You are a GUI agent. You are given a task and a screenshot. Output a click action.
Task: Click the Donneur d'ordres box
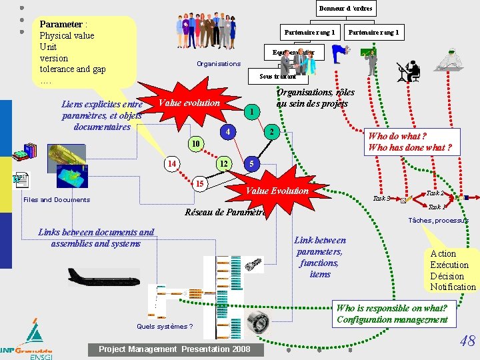click(x=345, y=9)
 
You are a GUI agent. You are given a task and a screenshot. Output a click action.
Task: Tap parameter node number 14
click(x=172, y=164)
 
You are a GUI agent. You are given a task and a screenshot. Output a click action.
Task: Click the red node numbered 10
click(x=194, y=144)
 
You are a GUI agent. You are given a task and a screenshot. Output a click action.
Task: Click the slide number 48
click(x=467, y=341)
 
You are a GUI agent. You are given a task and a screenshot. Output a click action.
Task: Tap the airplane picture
click(x=103, y=275)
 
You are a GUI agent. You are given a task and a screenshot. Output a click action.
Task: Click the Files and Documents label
click(x=56, y=199)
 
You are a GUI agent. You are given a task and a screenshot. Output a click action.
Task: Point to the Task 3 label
click(x=381, y=198)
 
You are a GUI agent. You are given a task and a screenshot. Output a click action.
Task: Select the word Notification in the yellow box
click(x=453, y=287)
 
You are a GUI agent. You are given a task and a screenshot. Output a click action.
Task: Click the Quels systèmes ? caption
click(x=165, y=326)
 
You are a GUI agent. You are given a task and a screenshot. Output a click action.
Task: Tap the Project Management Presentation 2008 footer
click(x=175, y=349)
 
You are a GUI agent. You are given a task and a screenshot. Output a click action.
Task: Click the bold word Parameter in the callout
click(x=61, y=24)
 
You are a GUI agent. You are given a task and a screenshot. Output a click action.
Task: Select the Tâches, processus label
click(x=438, y=220)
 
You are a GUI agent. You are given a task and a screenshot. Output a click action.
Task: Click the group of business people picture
click(x=206, y=31)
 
